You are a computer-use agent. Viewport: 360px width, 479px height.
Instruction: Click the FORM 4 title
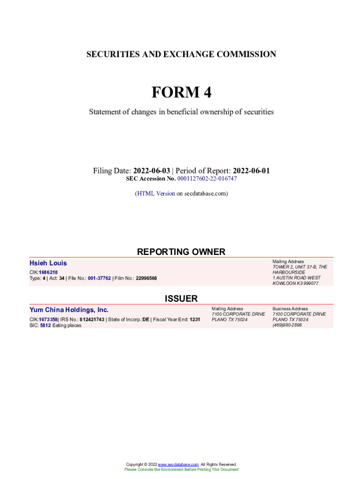tap(181, 93)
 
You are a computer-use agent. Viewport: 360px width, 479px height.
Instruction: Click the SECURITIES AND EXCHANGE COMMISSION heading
tap(181, 54)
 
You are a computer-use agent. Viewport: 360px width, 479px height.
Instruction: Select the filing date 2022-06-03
tap(151, 171)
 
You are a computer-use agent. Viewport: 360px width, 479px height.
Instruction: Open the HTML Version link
tap(156, 193)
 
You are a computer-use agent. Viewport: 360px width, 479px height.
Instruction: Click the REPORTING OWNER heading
tap(181, 252)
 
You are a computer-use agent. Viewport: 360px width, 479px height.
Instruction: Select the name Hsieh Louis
tap(48, 263)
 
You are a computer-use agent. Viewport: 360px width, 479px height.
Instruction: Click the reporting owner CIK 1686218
tap(48, 272)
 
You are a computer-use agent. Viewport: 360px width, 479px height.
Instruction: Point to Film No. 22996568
tap(146, 278)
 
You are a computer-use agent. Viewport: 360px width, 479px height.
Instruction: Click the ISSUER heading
tap(181, 298)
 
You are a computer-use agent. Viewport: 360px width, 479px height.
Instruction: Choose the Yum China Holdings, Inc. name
tap(69, 310)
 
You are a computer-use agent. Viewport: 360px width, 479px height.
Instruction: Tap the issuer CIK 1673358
tap(48, 319)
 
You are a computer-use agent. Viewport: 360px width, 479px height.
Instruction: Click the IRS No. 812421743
tap(92, 319)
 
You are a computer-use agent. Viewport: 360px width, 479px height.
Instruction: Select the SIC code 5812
tap(45, 326)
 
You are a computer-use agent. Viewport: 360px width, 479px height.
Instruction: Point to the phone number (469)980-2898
tap(287, 326)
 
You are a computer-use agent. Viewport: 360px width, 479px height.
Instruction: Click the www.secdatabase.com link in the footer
tap(178, 464)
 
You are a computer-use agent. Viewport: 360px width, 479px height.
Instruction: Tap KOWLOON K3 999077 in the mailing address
tap(295, 283)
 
